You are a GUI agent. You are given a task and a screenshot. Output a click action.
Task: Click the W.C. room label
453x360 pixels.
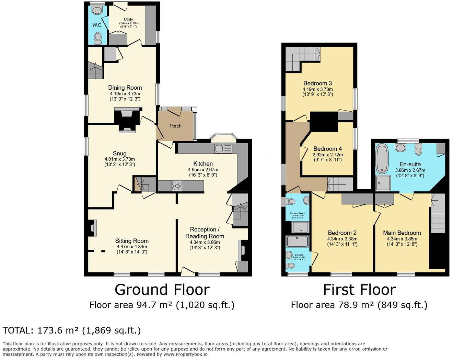pos(97,25)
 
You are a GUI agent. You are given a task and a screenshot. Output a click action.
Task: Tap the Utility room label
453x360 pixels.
pos(128,20)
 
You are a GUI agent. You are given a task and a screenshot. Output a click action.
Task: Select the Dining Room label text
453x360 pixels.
pos(125,88)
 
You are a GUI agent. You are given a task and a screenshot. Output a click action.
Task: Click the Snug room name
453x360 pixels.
pos(119,153)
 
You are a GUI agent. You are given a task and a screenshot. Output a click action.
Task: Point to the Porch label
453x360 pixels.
pos(175,126)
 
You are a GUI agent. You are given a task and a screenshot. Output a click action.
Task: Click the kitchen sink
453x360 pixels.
pos(223,149)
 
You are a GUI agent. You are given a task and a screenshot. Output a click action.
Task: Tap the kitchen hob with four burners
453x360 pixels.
pos(177,186)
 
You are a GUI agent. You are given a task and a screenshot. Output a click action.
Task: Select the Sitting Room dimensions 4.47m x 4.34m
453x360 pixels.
pos(131,246)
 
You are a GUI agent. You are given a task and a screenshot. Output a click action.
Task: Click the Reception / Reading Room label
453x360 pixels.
pos(205,233)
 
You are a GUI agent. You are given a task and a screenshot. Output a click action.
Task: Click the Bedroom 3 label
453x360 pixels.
pos(317,83)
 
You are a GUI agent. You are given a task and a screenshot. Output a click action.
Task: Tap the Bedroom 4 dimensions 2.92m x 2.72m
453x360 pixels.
pos(327,155)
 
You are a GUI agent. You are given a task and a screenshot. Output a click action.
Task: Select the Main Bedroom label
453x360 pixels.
pos(402,233)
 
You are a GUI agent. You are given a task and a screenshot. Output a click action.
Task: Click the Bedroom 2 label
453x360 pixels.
pos(342,233)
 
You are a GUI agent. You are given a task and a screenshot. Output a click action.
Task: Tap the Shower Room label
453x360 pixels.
pos(297,213)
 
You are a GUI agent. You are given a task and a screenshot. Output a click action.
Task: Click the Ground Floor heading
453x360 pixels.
pos(162,290)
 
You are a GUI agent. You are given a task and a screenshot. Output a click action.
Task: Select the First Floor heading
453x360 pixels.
pos(359,290)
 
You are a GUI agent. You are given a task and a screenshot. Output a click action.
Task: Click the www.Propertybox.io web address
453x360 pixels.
pos(185,354)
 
